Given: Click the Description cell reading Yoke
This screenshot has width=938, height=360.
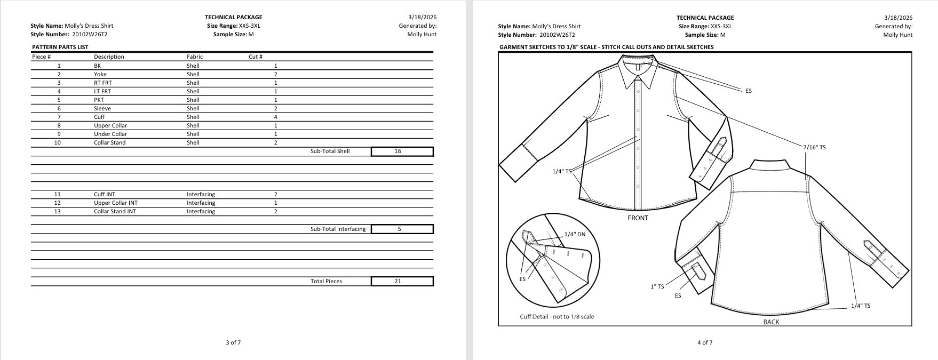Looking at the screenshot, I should (100, 75).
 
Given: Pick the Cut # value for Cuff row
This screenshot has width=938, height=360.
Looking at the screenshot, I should (275, 117).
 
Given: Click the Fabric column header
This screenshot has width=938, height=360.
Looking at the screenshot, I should (195, 57).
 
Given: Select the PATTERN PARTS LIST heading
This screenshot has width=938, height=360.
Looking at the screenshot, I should (60, 47).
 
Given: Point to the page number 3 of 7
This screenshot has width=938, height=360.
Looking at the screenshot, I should (233, 342).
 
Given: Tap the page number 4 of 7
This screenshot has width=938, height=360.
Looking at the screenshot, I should (705, 342).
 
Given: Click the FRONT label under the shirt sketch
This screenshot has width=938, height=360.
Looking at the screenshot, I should (638, 218).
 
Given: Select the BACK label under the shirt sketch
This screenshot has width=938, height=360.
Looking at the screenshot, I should (771, 322).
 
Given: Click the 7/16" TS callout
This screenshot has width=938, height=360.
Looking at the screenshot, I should (814, 147).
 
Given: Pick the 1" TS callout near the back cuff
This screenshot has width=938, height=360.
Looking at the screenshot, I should (657, 286).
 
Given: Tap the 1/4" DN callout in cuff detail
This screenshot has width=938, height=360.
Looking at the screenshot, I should (575, 234).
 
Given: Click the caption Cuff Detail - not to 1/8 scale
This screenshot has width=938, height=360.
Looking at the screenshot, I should (557, 317).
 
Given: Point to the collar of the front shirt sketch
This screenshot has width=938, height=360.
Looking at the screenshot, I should (637, 72).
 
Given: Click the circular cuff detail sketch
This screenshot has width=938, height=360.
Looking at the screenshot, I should (552, 260).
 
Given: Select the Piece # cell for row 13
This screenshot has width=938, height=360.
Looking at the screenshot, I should (58, 212).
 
